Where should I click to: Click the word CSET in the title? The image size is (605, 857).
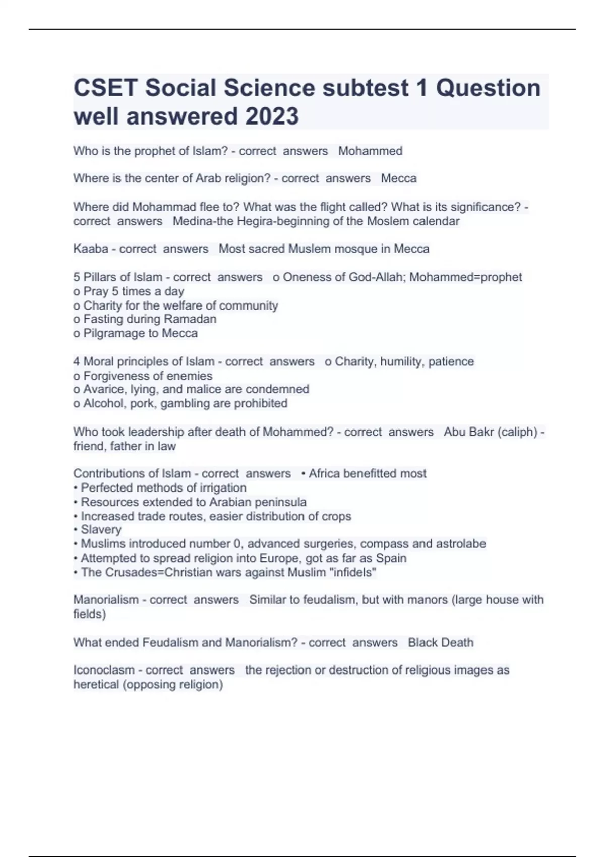(x=105, y=88)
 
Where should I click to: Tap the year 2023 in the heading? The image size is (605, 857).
(x=272, y=116)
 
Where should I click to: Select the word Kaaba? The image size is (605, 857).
(x=91, y=249)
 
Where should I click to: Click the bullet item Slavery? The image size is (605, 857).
(x=101, y=530)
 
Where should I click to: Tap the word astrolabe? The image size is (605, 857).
(x=461, y=544)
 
